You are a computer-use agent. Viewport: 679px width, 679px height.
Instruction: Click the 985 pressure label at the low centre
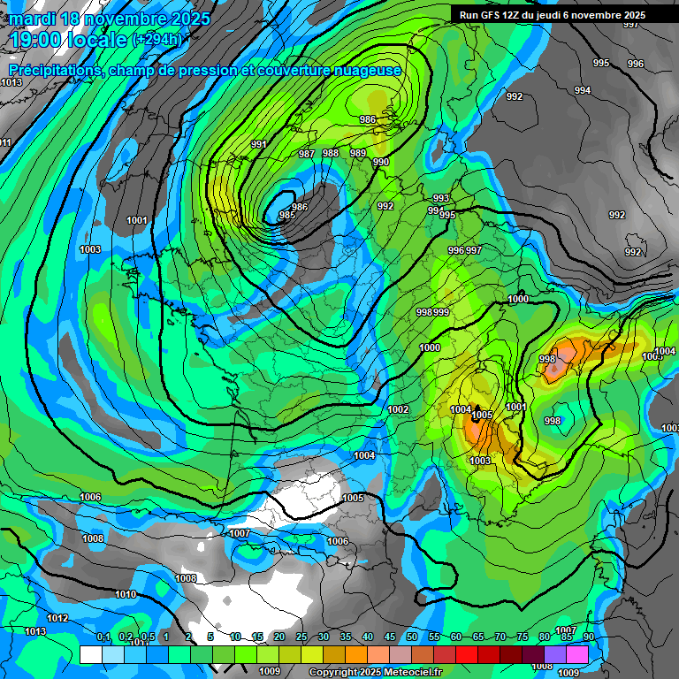pyautogui.click(x=286, y=215)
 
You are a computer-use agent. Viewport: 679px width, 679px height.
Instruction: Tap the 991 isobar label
pyautogui.click(x=259, y=144)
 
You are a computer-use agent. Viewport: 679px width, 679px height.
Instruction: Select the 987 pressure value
pyautogui.click(x=307, y=154)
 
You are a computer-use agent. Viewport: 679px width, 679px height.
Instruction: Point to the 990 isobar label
pyautogui.click(x=381, y=162)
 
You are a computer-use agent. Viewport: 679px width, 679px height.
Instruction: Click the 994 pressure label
pyautogui.click(x=582, y=91)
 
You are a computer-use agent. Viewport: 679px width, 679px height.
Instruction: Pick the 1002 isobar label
pyautogui.click(x=398, y=409)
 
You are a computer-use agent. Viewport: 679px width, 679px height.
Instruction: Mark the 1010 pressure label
pyautogui.click(x=126, y=594)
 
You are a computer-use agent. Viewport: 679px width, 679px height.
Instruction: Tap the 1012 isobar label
pyautogui.click(x=58, y=618)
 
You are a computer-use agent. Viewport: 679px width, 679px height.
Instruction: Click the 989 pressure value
pyautogui.click(x=358, y=153)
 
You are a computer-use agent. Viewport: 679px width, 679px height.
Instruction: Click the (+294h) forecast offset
pyautogui.click(x=156, y=40)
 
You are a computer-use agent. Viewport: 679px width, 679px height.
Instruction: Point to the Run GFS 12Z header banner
pyautogui.click(x=562, y=15)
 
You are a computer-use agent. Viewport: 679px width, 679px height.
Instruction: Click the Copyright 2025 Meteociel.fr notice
pyautogui.click(x=375, y=673)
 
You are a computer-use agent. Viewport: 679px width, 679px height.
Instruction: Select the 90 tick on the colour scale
pyautogui.click(x=588, y=637)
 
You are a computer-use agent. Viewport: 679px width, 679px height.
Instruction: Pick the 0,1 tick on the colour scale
pyautogui.click(x=103, y=637)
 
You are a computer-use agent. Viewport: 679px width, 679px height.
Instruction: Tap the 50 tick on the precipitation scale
pyautogui.click(x=412, y=637)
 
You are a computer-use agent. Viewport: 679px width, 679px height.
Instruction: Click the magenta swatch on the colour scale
pyautogui.click(x=577, y=654)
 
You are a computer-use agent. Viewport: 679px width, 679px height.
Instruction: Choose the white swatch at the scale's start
pyautogui.click(x=90, y=654)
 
